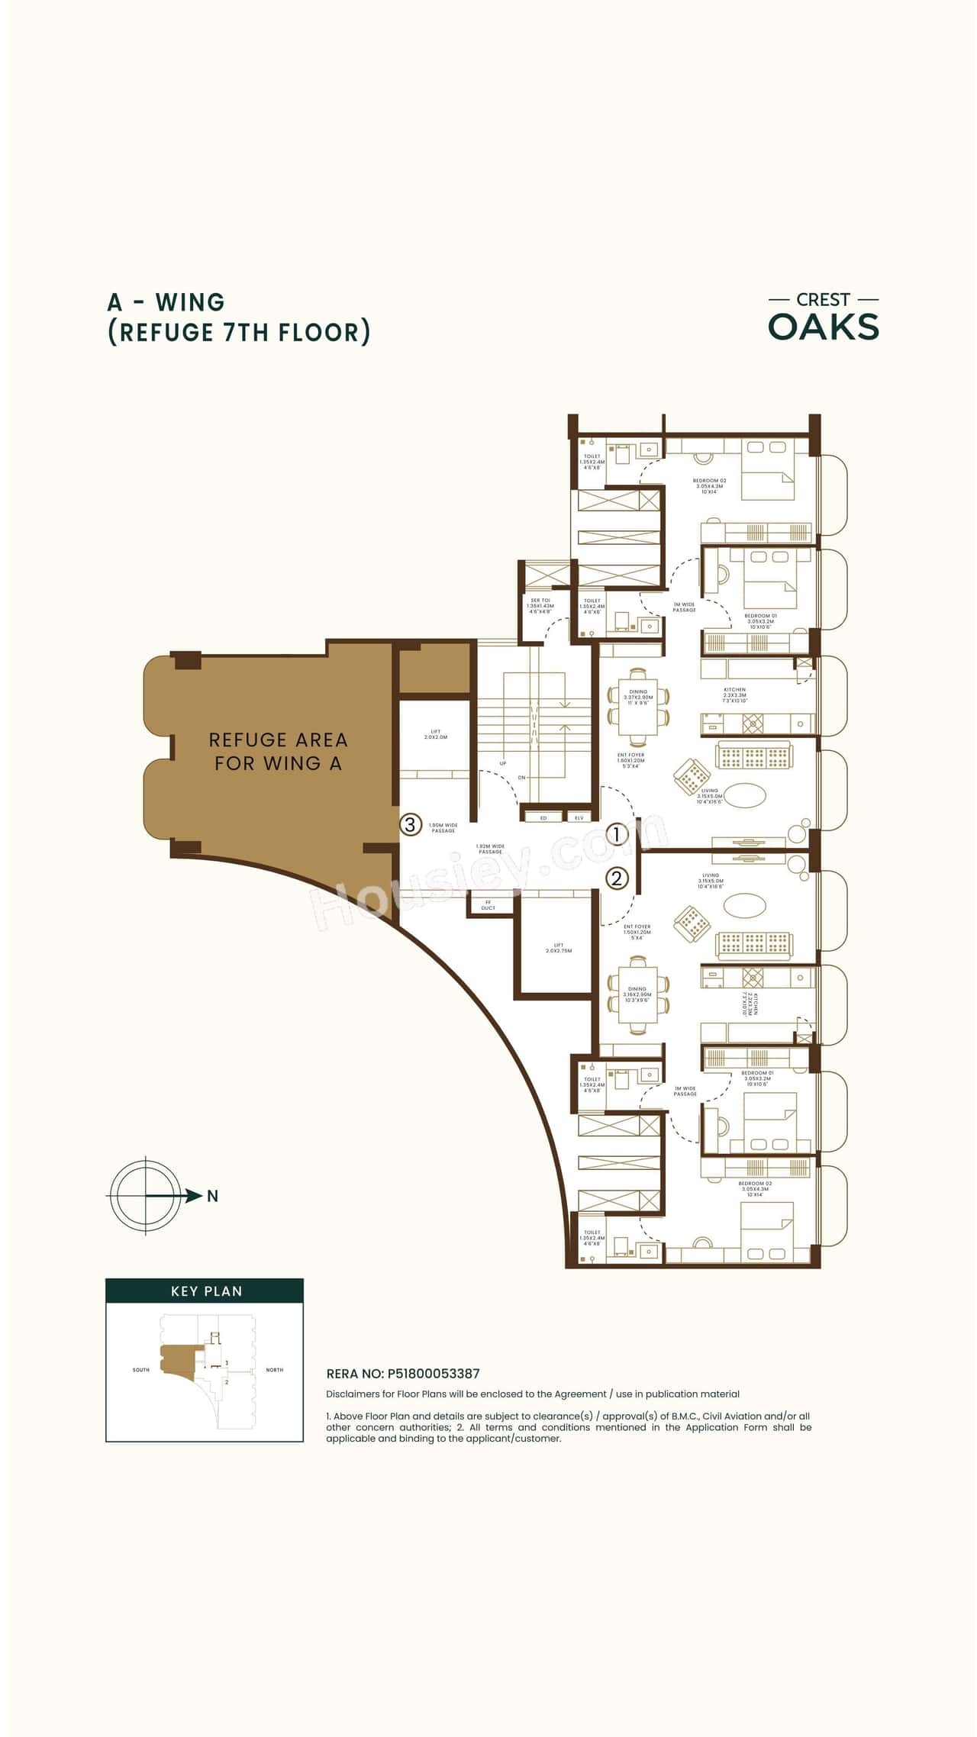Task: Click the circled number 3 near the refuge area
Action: [411, 824]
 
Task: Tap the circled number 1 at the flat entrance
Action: [617, 834]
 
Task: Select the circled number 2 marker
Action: [617, 878]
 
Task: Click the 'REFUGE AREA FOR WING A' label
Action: [278, 751]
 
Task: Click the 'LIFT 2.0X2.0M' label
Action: [435, 734]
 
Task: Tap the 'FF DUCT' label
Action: [488, 905]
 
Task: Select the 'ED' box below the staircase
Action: [543, 817]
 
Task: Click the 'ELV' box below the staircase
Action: [579, 817]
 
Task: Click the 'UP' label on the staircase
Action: [503, 763]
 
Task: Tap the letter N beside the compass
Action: [213, 1196]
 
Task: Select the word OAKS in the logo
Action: [824, 327]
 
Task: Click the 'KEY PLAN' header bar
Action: [205, 1291]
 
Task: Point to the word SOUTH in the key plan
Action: [141, 1370]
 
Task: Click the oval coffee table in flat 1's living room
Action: [743, 795]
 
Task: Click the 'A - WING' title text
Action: [166, 302]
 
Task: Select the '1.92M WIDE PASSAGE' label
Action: [490, 849]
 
